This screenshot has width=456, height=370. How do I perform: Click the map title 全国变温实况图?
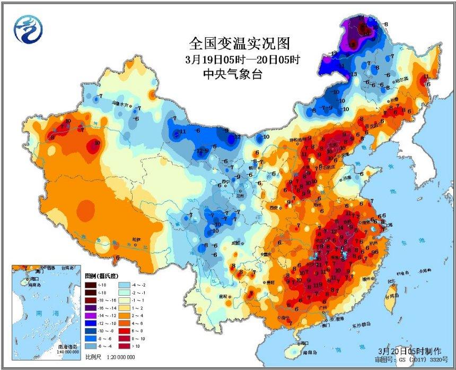pos(240,42)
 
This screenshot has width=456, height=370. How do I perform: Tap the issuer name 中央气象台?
pos(232,75)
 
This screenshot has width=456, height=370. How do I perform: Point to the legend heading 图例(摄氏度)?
pos(101,276)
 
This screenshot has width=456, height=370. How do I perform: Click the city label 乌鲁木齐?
pos(121,104)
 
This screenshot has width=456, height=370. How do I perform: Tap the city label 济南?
pos(347,178)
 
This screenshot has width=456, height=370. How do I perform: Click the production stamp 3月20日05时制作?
pos(408,351)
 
